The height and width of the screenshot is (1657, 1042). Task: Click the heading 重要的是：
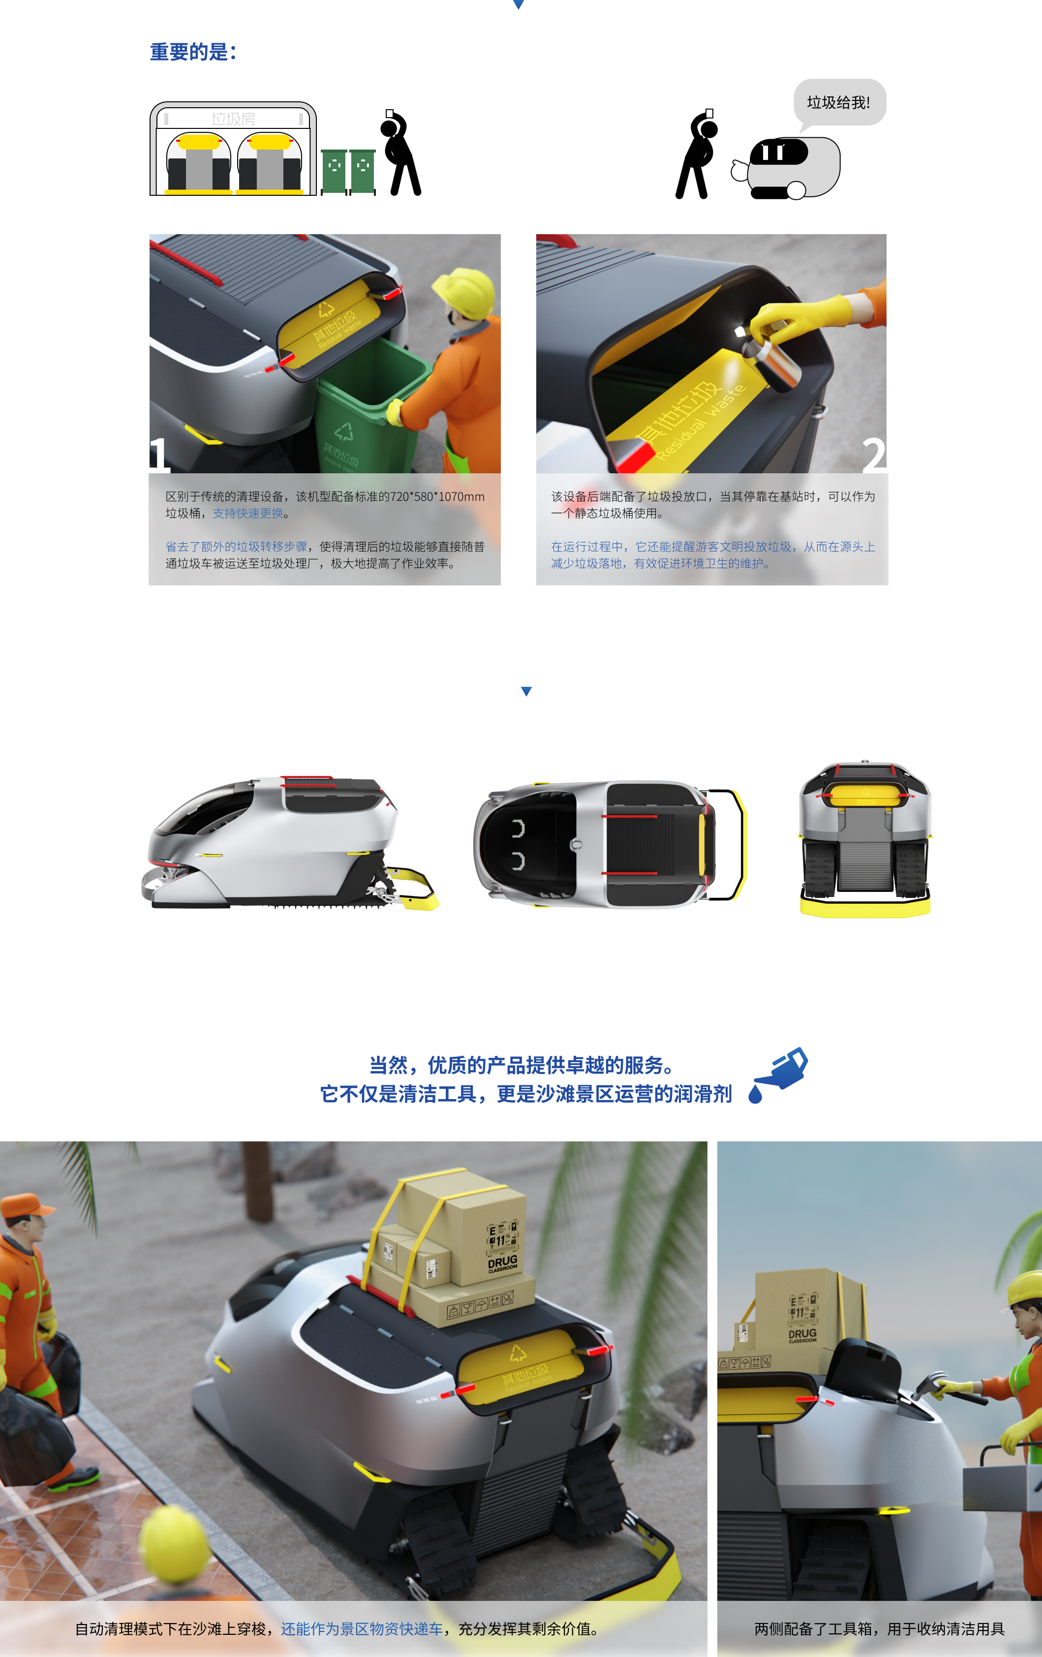[x=193, y=52]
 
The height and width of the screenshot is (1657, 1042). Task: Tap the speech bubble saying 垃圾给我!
[x=838, y=102]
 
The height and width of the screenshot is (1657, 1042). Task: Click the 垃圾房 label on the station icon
[x=233, y=119]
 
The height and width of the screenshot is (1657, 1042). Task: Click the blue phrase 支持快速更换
[x=248, y=513]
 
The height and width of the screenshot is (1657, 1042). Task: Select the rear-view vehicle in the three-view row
[x=865, y=839]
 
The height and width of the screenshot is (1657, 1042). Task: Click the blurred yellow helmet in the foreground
[x=176, y=1545]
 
